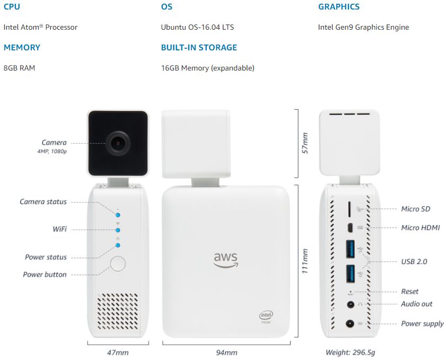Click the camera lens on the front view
click(x=118, y=143)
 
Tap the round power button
click(x=118, y=264)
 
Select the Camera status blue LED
click(x=118, y=215)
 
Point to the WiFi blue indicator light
click(x=118, y=230)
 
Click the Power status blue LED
click(x=118, y=245)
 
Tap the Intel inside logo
click(x=266, y=317)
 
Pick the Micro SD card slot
click(x=349, y=209)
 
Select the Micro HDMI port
click(x=350, y=228)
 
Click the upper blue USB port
click(x=350, y=249)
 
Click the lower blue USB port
click(x=350, y=274)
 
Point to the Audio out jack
click(x=350, y=304)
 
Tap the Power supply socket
click(x=350, y=323)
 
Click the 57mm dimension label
click(x=305, y=143)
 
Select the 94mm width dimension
click(x=226, y=353)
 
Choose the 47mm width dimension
click(x=118, y=353)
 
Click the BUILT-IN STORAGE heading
click(x=199, y=47)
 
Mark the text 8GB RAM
click(x=20, y=68)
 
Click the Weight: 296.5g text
click(x=350, y=353)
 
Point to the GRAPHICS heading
click(x=339, y=6)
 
